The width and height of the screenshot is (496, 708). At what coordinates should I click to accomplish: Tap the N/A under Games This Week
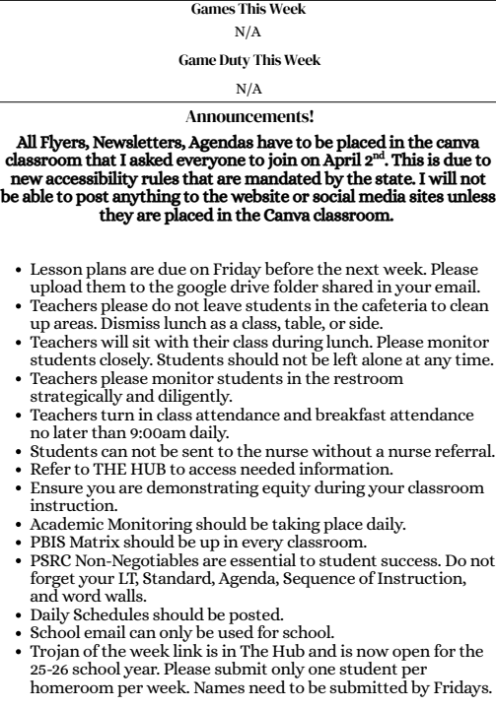(248, 32)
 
